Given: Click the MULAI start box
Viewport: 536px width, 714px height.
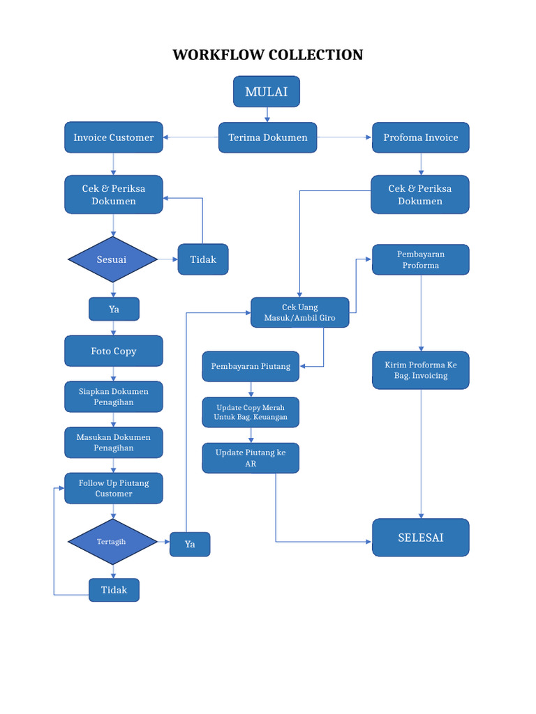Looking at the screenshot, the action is pos(267,91).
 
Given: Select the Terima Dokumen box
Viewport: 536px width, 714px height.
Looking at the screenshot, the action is pos(267,137).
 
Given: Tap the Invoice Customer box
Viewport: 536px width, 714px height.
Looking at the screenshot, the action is pos(114,137).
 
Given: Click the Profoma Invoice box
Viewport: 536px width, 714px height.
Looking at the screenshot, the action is pos(421,137).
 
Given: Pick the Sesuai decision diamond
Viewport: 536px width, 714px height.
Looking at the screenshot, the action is pos(112,259).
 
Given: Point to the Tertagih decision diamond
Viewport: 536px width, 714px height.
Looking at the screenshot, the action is pos(112,541).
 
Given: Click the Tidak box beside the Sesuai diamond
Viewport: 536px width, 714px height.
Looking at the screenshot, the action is pos(203,259).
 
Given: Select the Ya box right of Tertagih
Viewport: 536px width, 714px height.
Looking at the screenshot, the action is pos(190,544).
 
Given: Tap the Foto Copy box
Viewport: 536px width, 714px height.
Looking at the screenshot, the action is pos(114,351).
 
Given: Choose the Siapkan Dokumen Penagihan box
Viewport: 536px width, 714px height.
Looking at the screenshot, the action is pos(114,397).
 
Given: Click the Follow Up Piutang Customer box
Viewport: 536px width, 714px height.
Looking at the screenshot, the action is pos(114,488).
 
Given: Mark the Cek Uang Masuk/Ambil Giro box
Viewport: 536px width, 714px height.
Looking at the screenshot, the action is pos(300,312).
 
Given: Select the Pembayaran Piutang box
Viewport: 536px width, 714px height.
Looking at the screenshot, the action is pos(251,366).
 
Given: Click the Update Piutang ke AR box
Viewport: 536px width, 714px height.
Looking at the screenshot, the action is pos(251,458).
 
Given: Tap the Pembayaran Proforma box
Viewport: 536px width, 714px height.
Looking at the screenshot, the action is pos(421,259).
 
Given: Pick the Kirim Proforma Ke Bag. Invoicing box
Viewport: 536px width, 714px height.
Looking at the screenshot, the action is pos(421,370).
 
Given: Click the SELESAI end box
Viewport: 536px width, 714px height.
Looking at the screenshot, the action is pos(421,538).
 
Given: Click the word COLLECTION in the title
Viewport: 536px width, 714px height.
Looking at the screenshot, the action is pos(316,54).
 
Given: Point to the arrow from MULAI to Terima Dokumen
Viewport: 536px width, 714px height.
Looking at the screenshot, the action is pos(267,115).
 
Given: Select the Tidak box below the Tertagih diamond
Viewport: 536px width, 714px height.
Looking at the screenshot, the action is pos(114,590).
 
